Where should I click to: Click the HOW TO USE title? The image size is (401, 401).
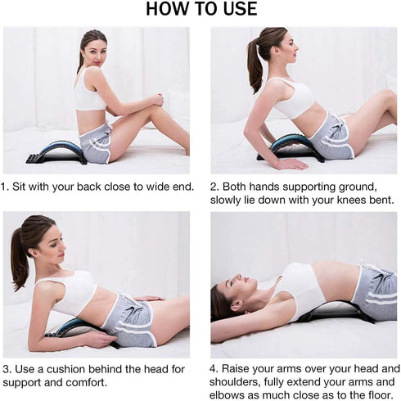200,10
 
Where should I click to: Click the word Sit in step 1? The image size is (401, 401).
26,187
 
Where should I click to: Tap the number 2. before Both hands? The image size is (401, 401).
215,186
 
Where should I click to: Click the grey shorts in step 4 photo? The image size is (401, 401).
373,291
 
